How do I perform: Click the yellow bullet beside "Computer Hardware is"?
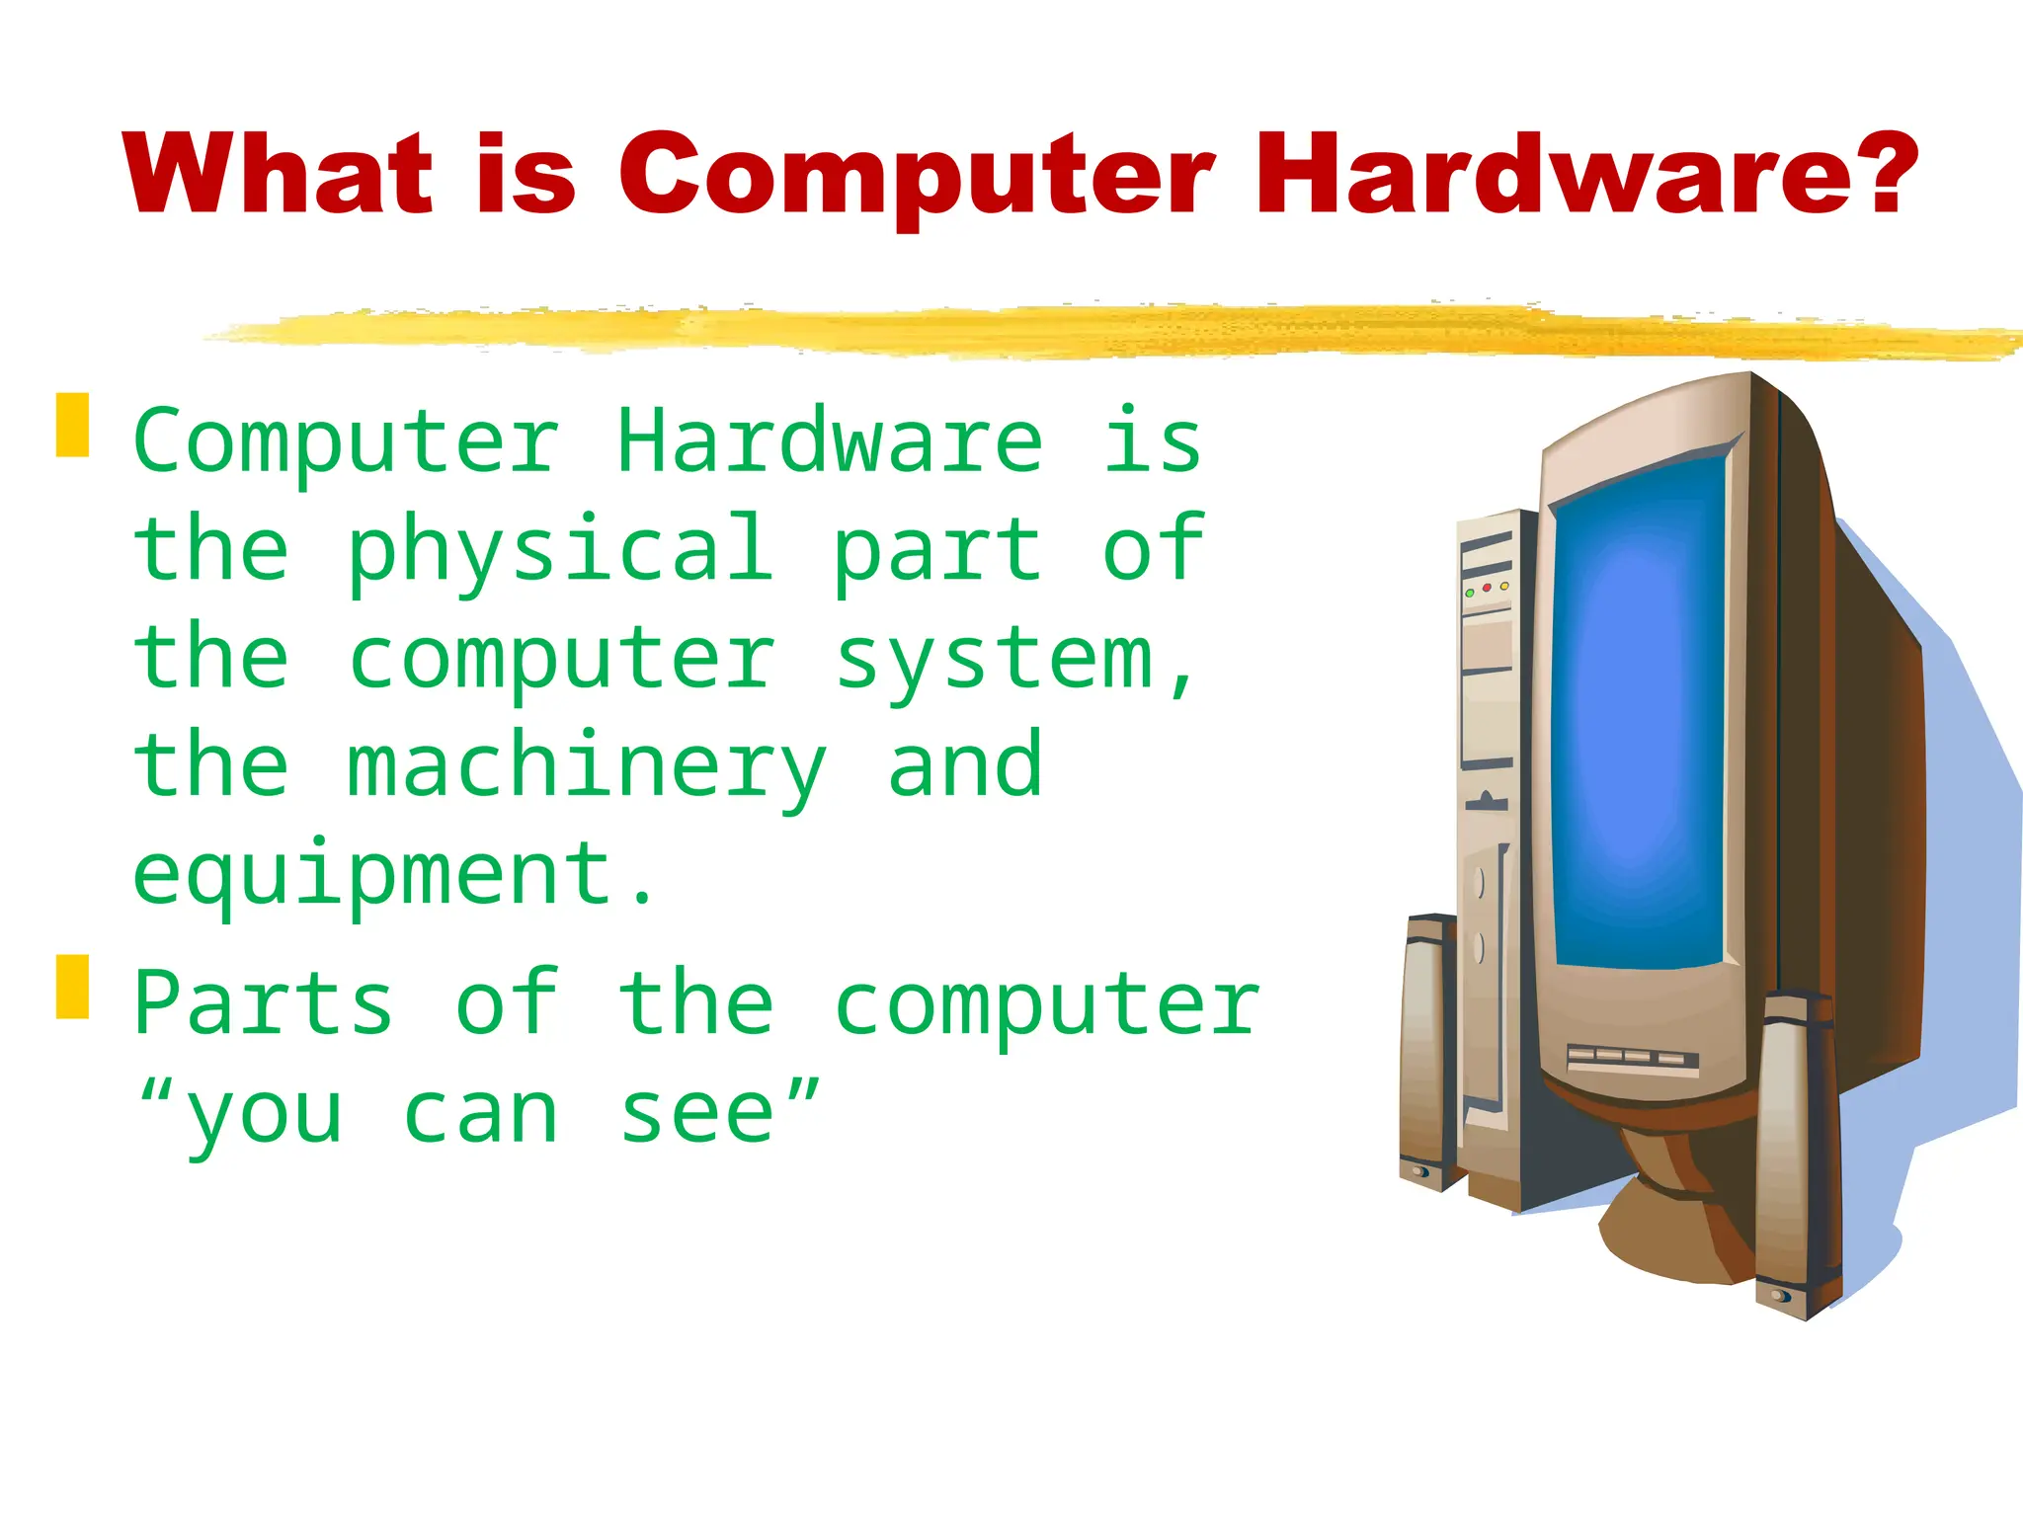[72, 425]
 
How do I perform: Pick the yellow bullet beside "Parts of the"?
[72, 986]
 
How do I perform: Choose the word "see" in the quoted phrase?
[697, 1114]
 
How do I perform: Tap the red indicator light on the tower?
[1487, 588]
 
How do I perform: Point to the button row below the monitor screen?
[1632, 1058]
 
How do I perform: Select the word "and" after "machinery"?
[965, 766]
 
